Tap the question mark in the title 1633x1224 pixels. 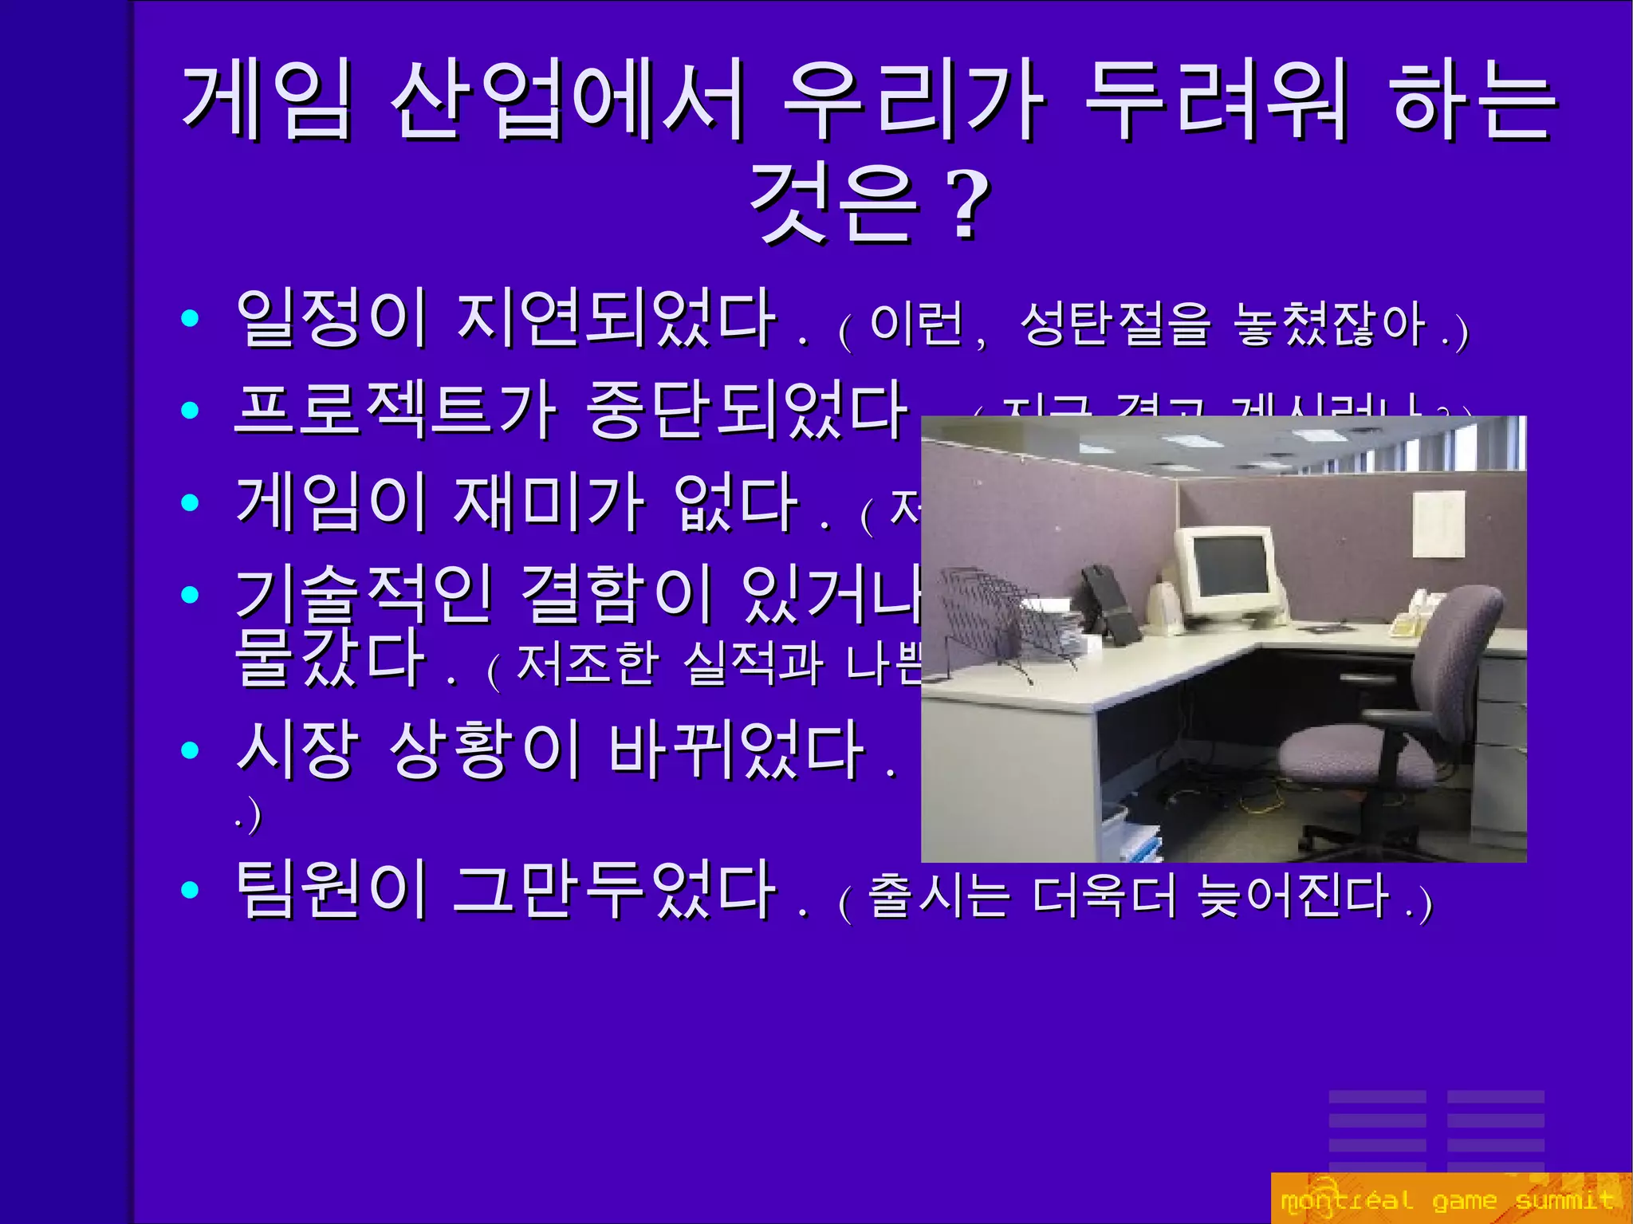(966, 203)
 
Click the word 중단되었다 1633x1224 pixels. (748, 410)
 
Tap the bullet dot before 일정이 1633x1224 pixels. (190, 319)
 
